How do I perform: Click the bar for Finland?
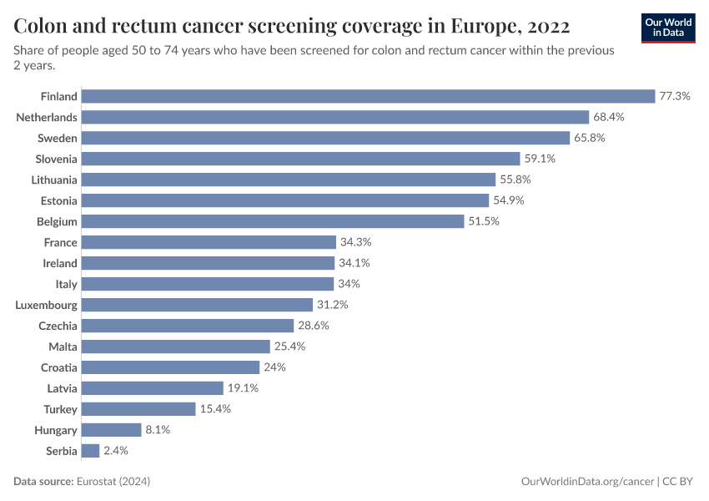(368, 96)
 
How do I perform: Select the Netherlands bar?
(335, 117)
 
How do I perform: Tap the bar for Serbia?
(90, 451)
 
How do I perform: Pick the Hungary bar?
(111, 430)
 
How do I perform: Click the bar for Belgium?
(272, 221)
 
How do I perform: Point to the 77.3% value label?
(674, 96)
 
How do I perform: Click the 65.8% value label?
(589, 138)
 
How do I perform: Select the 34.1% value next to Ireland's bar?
(354, 263)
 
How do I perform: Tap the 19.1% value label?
(243, 388)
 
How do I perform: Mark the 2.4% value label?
(115, 451)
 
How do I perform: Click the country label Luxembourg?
(46, 305)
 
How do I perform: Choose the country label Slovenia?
(56, 159)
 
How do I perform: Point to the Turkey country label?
(60, 409)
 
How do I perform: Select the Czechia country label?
(58, 326)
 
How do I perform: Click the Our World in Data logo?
(668, 28)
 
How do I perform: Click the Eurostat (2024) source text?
(113, 482)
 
